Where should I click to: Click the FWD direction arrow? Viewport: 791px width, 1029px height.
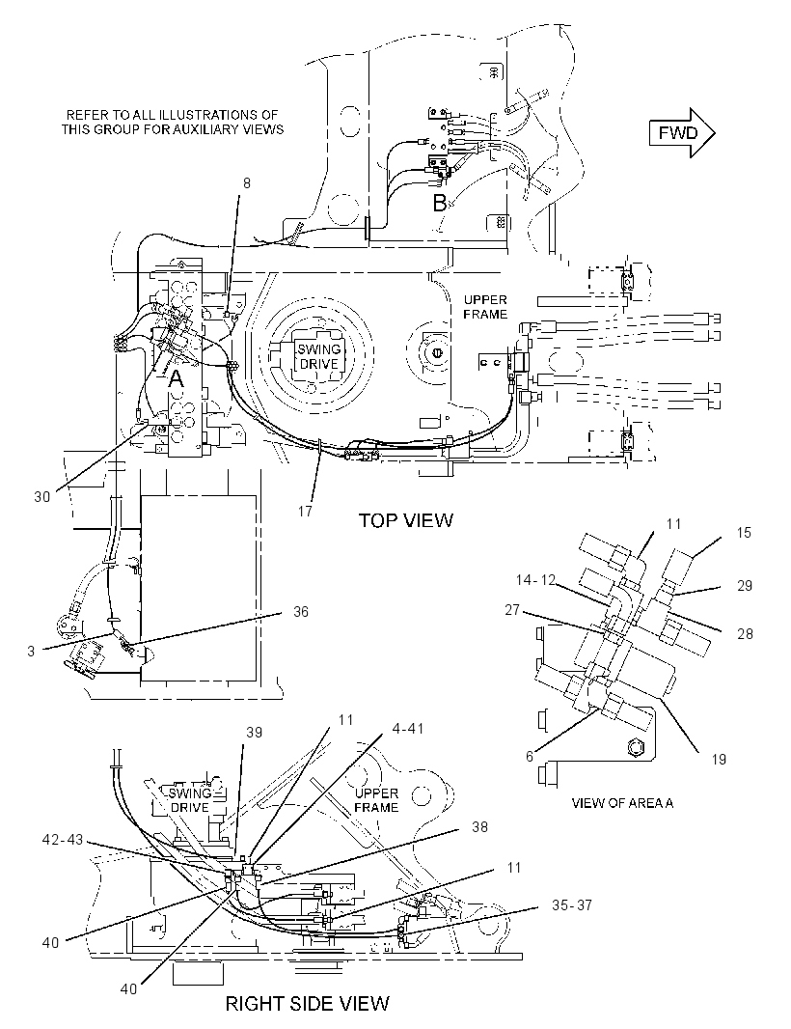(682, 133)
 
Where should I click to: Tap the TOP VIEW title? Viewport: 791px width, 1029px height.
(405, 520)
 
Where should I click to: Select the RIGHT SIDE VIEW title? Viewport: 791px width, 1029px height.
(307, 1003)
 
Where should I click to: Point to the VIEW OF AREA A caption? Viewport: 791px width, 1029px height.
(622, 802)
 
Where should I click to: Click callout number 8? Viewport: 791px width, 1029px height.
(247, 183)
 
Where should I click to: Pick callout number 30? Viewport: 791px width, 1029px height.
(42, 497)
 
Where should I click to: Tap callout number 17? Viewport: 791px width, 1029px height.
(305, 511)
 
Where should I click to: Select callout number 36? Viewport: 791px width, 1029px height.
(300, 612)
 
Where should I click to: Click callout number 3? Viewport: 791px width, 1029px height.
(31, 651)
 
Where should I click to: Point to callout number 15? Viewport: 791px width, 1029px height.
(743, 532)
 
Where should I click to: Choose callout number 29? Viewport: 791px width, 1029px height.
(745, 585)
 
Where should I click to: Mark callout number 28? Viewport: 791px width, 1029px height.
(745, 634)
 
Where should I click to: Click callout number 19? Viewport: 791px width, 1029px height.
(719, 760)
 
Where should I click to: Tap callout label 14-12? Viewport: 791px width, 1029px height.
(535, 580)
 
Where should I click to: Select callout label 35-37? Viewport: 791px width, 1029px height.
(572, 905)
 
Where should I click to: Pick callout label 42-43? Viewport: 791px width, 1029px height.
(63, 840)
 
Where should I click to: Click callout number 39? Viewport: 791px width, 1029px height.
(254, 732)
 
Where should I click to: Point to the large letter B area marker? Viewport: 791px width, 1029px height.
(440, 204)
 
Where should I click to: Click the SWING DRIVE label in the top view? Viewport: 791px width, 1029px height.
(319, 356)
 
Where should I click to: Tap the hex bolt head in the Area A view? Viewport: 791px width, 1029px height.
(635, 747)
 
